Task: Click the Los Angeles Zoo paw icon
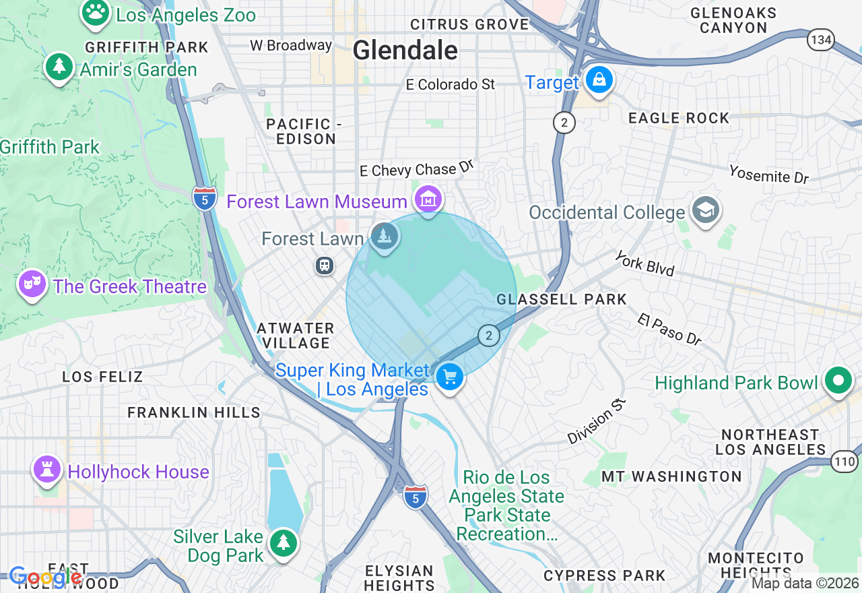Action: (96, 13)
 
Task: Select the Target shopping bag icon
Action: (598, 81)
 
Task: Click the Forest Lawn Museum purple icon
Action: (429, 199)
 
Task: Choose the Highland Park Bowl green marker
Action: (838, 381)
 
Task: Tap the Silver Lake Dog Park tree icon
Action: (284, 543)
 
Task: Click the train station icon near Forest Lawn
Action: (325, 266)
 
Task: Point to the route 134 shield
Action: (821, 40)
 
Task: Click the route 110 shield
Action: (844, 462)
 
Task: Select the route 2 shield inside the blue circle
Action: (488, 335)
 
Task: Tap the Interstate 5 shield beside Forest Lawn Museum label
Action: (205, 198)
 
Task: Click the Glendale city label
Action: (405, 50)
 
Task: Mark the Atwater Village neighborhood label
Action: (296, 336)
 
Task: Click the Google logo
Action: (46, 578)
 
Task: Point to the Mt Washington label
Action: (671, 476)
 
